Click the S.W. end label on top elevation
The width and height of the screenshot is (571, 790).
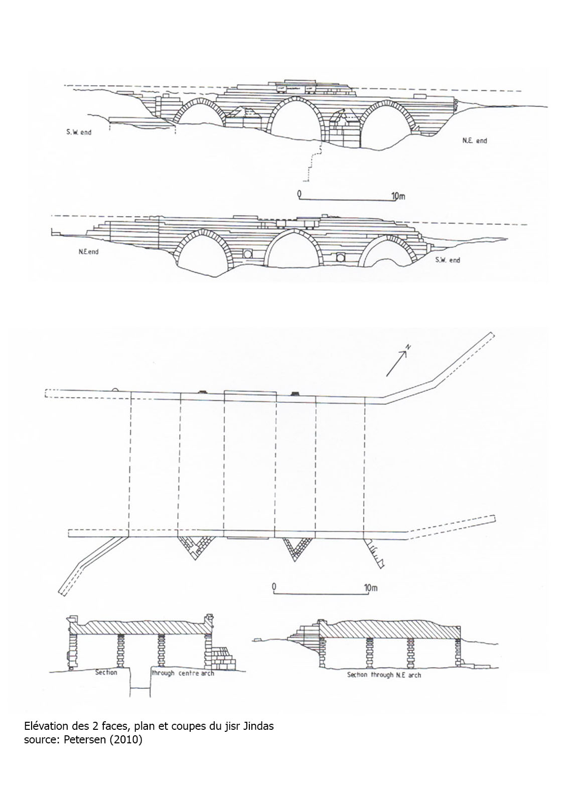click(79, 132)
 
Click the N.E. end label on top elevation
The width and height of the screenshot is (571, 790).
click(475, 141)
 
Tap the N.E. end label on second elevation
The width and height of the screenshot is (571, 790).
click(89, 252)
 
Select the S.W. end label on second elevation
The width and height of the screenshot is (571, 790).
click(448, 260)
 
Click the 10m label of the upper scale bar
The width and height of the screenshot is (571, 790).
click(398, 195)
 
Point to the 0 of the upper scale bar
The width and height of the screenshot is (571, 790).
click(299, 193)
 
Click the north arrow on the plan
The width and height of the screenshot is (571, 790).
click(397, 364)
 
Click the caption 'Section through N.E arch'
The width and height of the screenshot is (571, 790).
click(384, 675)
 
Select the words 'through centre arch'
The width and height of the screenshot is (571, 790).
click(183, 673)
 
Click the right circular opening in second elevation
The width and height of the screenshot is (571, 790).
click(340, 257)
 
